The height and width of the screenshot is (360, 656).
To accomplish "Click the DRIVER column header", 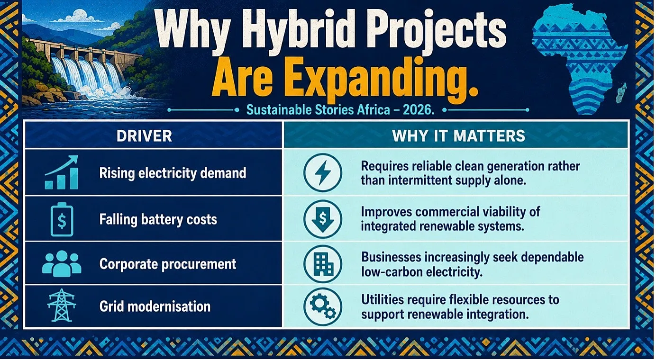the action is coord(144,136).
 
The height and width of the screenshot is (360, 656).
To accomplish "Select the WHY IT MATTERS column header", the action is coord(459,136).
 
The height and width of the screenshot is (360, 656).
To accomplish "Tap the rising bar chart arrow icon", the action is coord(62,172).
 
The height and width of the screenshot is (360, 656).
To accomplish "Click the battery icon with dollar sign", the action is coord(62,219).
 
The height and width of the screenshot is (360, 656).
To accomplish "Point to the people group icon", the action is coord(62,264).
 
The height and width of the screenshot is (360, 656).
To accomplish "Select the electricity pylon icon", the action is coord(62,305).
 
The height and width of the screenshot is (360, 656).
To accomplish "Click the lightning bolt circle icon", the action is coord(323,173).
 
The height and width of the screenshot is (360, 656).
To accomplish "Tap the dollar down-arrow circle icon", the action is coord(323,219).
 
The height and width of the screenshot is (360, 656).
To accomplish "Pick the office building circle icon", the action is coord(323,264).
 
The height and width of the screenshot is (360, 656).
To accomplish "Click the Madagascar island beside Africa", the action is coord(621,93).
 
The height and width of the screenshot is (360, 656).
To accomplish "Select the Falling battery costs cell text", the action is coord(158,219).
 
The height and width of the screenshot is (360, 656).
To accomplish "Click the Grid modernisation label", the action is coord(155,306).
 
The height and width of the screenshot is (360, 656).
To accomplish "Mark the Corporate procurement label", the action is coord(168,264).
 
